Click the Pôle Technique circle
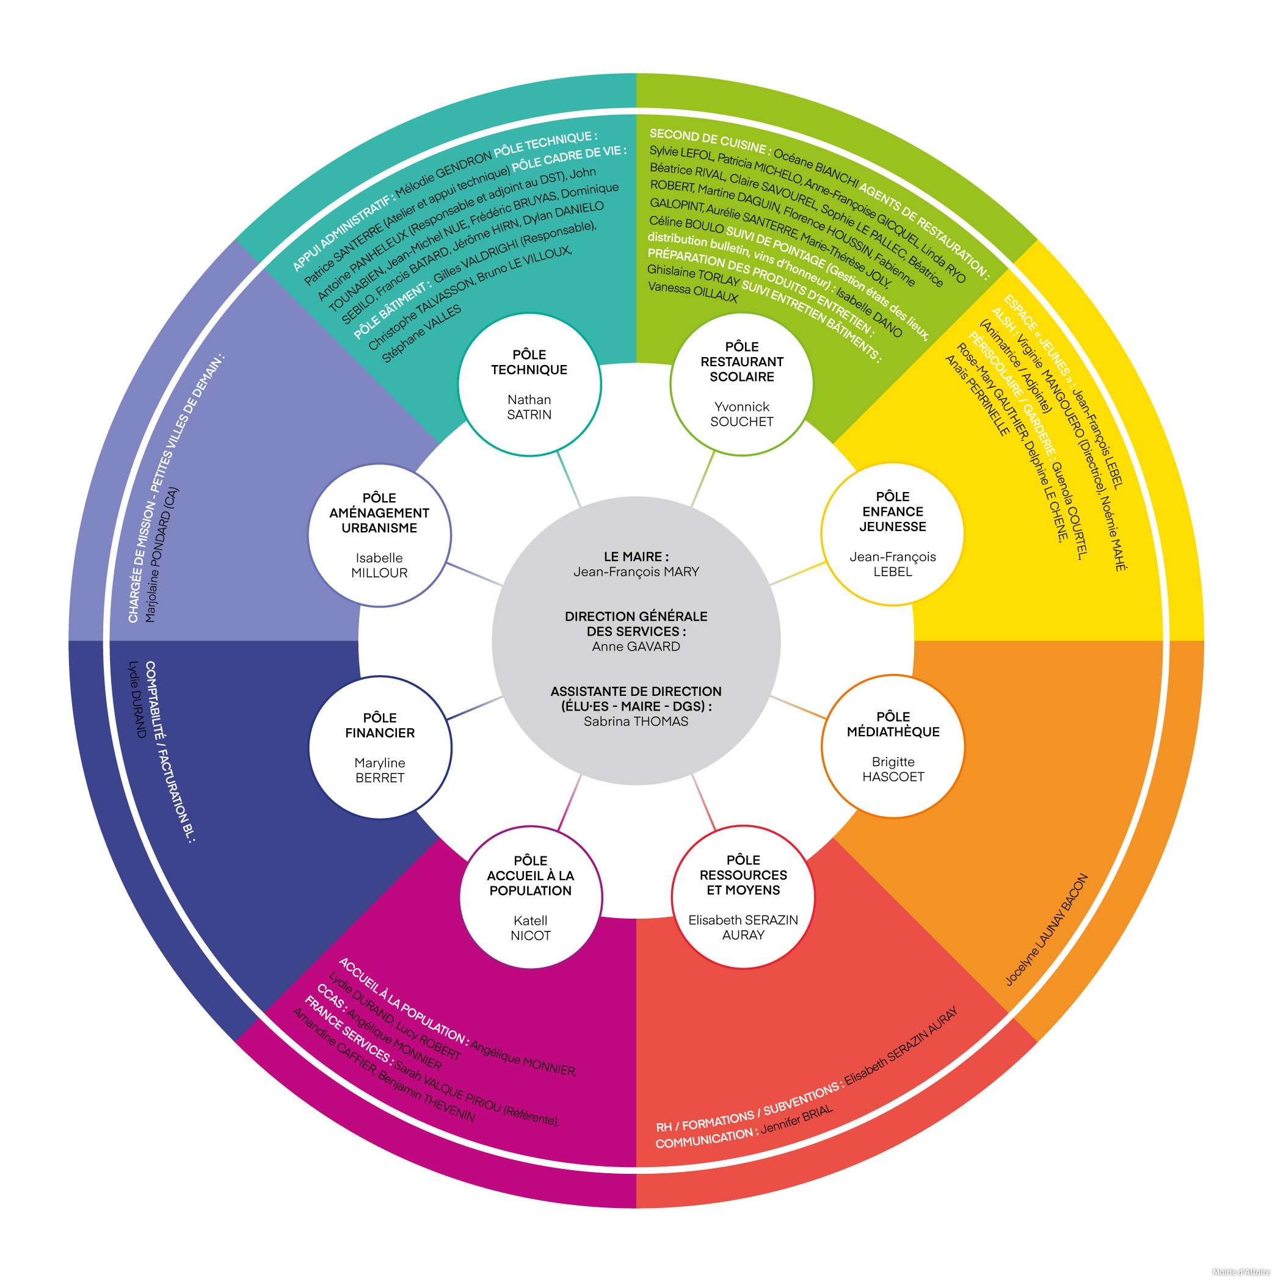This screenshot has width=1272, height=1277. (529, 384)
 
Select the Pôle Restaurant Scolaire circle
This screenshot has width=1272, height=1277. (741, 384)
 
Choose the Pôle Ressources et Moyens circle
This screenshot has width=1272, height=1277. (743, 896)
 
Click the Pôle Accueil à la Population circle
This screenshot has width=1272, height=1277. (530, 897)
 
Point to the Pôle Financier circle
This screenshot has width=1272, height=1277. (380, 747)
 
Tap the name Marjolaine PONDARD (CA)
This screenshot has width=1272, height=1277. (161, 555)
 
